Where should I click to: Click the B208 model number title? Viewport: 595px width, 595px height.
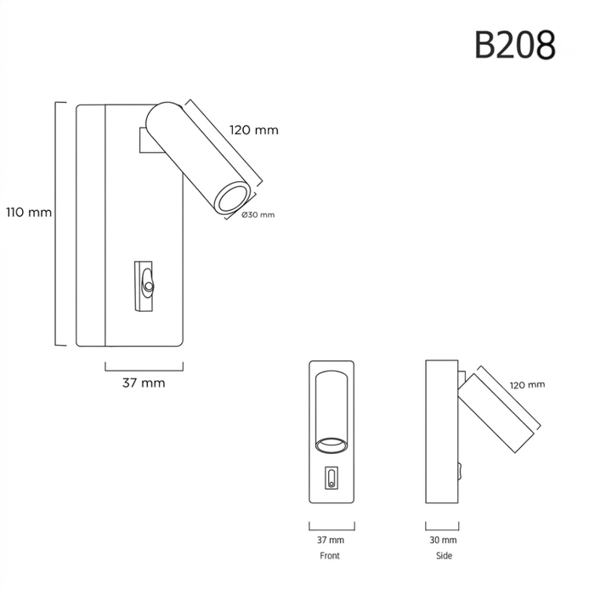[515, 45]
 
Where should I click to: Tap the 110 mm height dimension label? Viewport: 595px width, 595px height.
[29, 212]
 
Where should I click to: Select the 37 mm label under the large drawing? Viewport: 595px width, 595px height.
[144, 382]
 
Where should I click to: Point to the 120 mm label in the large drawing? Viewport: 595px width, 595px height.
[254, 130]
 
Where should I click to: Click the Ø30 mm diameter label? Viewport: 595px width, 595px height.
[258, 215]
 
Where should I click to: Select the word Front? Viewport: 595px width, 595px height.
[330, 556]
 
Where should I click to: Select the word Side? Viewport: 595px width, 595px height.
[444, 556]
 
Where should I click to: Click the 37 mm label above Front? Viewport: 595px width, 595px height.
[331, 540]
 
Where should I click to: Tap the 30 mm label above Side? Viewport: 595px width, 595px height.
[443, 540]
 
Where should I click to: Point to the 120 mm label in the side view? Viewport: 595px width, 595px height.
[527, 385]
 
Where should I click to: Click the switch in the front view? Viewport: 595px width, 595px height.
[331, 478]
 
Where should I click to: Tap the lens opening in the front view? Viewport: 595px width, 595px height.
[331, 445]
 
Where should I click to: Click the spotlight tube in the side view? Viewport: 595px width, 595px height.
[496, 413]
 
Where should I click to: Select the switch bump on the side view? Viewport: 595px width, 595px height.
[461, 471]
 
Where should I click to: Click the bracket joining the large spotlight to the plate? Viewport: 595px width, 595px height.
[149, 140]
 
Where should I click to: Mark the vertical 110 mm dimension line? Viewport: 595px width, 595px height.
[56, 224]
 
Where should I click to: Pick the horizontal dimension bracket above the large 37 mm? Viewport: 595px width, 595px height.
[144, 371]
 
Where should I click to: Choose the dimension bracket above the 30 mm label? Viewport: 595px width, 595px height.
[442, 529]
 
